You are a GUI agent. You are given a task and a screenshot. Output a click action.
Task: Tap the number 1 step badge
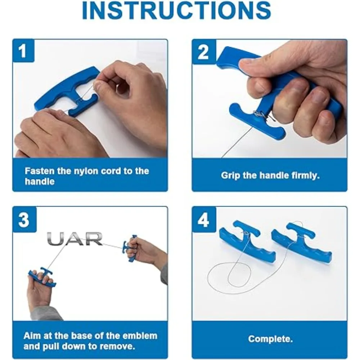[23, 51]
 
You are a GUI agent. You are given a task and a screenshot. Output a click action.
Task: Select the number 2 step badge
[203, 52]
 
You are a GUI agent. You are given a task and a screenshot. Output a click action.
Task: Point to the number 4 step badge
[204, 220]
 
